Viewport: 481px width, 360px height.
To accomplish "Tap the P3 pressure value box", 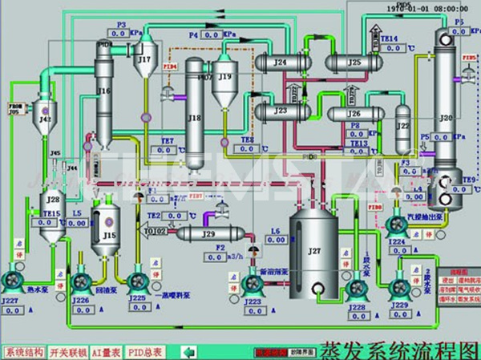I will tap(121, 35).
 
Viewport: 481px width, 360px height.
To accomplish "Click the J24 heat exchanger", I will tap(281, 61).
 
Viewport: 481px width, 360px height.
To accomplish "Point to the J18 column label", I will tap(194, 118).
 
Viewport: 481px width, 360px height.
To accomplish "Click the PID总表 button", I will tap(147, 351).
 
